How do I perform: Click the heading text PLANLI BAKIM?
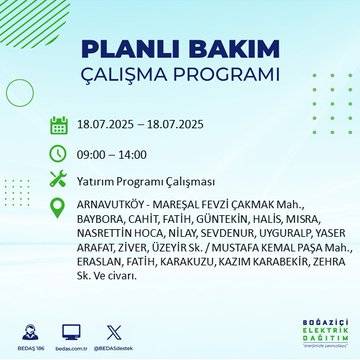click(180, 51)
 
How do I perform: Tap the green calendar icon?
click(59, 126)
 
